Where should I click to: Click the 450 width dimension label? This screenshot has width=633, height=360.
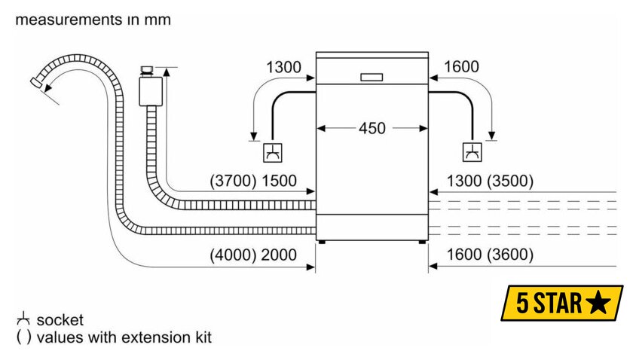pyautogui.click(x=372, y=128)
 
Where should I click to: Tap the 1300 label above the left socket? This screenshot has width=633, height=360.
pyautogui.click(x=283, y=67)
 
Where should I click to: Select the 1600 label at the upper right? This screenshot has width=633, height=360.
pyautogui.click(x=461, y=66)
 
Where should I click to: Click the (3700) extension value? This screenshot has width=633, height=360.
pyautogui.click(x=233, y=181)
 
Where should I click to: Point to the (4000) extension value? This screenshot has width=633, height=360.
pyautogui.click(x=233, y=255)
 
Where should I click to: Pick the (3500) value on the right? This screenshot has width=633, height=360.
pyautogui.click(x=510, y=181)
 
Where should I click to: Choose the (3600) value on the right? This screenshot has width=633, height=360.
pyautogui.click(x=510, y=255)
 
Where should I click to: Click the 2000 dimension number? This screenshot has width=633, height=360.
pyautogui.click(x=279, y=255)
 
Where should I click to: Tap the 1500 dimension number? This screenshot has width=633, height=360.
pyautogui.click(x=279, y=181)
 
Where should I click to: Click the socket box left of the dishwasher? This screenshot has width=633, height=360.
pyautogui.click(x=273, y=153)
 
